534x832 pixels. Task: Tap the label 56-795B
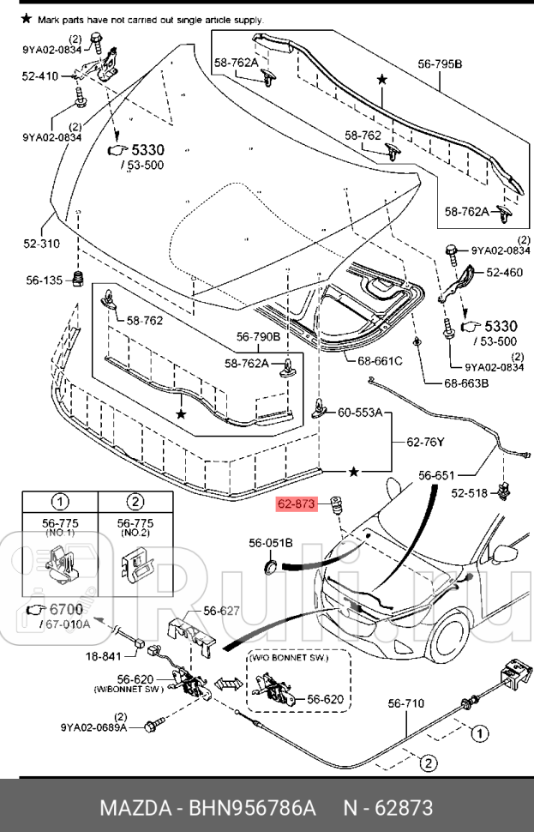[440, 64]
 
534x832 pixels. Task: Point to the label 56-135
[43, 279]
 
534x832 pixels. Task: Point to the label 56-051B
[271, 543]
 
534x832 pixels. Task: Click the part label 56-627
[221, 611]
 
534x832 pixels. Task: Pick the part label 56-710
[405, 703]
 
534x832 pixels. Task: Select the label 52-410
[40, 76]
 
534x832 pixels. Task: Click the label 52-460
[504, 273]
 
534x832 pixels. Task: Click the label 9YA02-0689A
[93, 728]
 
